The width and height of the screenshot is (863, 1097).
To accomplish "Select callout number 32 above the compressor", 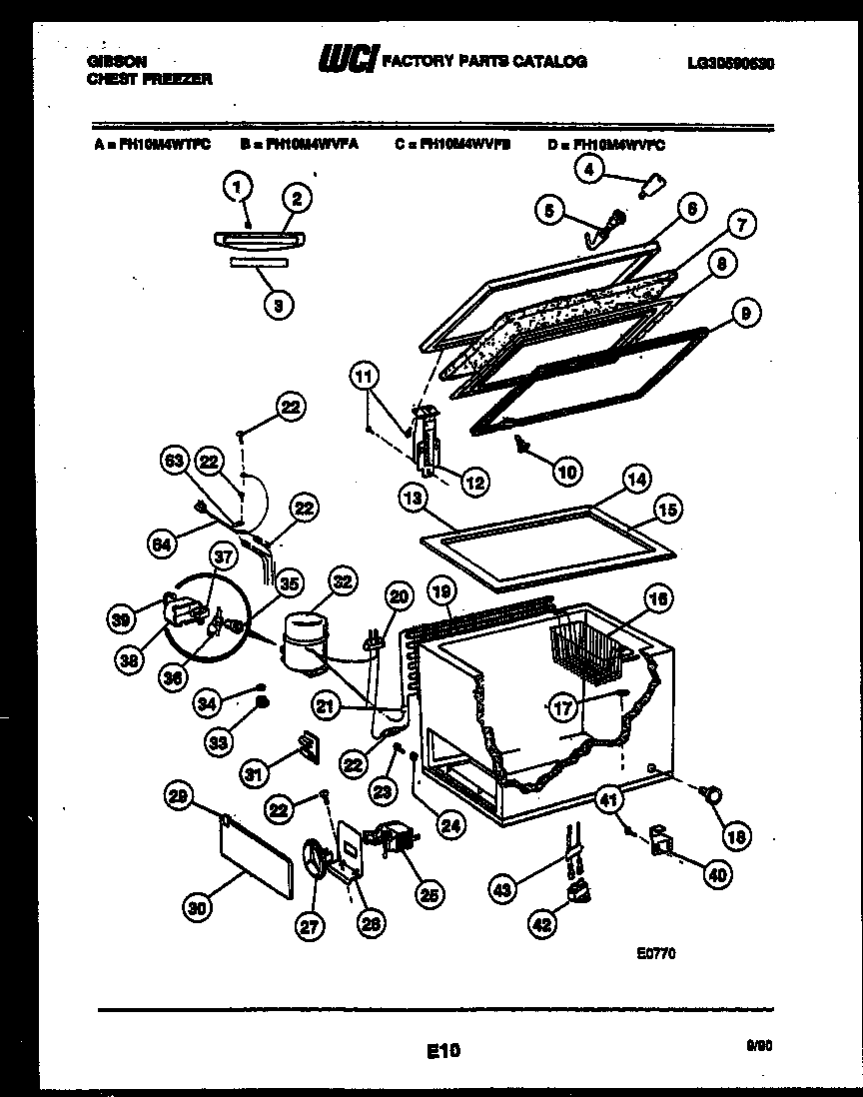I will (x=342, y=582).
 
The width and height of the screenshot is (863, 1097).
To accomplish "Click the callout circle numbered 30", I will (x=198, y=907).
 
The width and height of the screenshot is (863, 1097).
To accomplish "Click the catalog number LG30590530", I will (x=731, y=62).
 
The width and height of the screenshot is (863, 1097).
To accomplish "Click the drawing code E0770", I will (x=656, y=953).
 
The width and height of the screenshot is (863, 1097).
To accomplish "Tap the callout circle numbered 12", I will (x=475, y=482).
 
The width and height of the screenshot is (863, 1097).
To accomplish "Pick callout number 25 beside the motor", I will (x=431, y=895).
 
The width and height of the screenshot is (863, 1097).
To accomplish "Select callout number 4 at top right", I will (x=589, y=171).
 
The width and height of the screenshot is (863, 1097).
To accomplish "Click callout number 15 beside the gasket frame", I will (x=668, y=510).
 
